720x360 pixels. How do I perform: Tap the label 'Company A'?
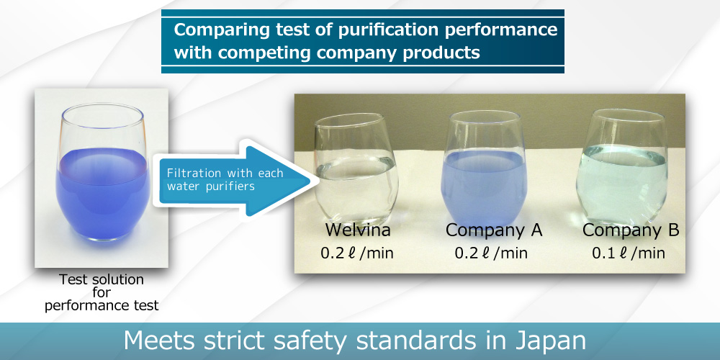point(494,230)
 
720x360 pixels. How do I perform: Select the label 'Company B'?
point(631,230)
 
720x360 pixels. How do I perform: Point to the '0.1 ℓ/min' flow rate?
point(628,253)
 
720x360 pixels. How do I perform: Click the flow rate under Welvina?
point(357,253)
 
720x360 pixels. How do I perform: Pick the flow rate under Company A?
point(491,253)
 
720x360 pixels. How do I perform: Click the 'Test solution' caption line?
point(101,279)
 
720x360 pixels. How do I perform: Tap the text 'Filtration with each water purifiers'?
point(225,179)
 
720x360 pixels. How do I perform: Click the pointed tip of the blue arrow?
point(318,180)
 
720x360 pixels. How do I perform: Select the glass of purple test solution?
point(102,172)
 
